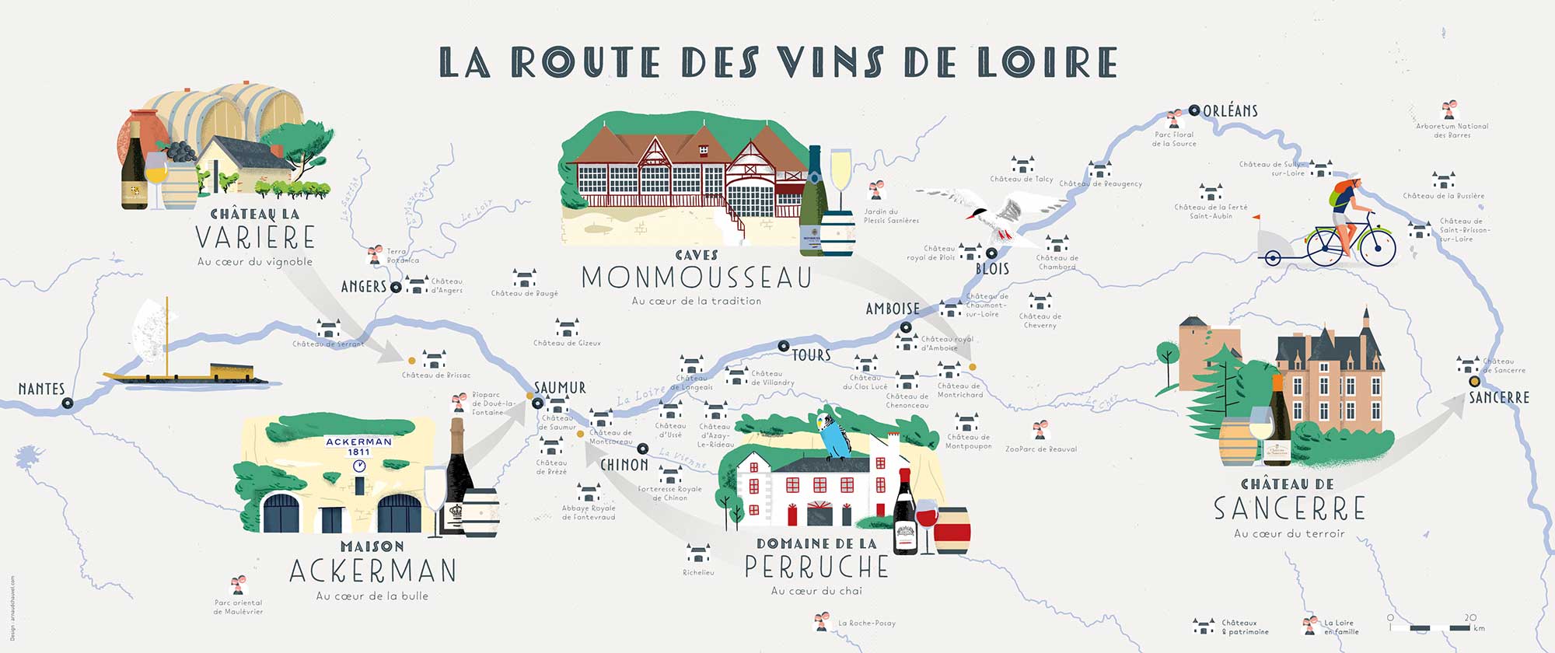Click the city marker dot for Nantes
coord(68,403)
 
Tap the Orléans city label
coord(1230,111)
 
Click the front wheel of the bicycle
coord(1375,247)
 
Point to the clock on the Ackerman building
coord(359,466)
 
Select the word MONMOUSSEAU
coord(697,278)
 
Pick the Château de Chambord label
coord(1057,262)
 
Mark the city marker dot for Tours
coord(783,346)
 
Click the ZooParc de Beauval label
coord(1041,449)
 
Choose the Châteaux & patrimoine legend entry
coord(1244,627)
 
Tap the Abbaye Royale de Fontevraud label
coord(589,512)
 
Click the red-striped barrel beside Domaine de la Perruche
coord(952,531)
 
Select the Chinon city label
coord(624,465)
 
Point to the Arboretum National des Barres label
coord(1452,130)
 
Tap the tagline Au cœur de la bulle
coord(372,596)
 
